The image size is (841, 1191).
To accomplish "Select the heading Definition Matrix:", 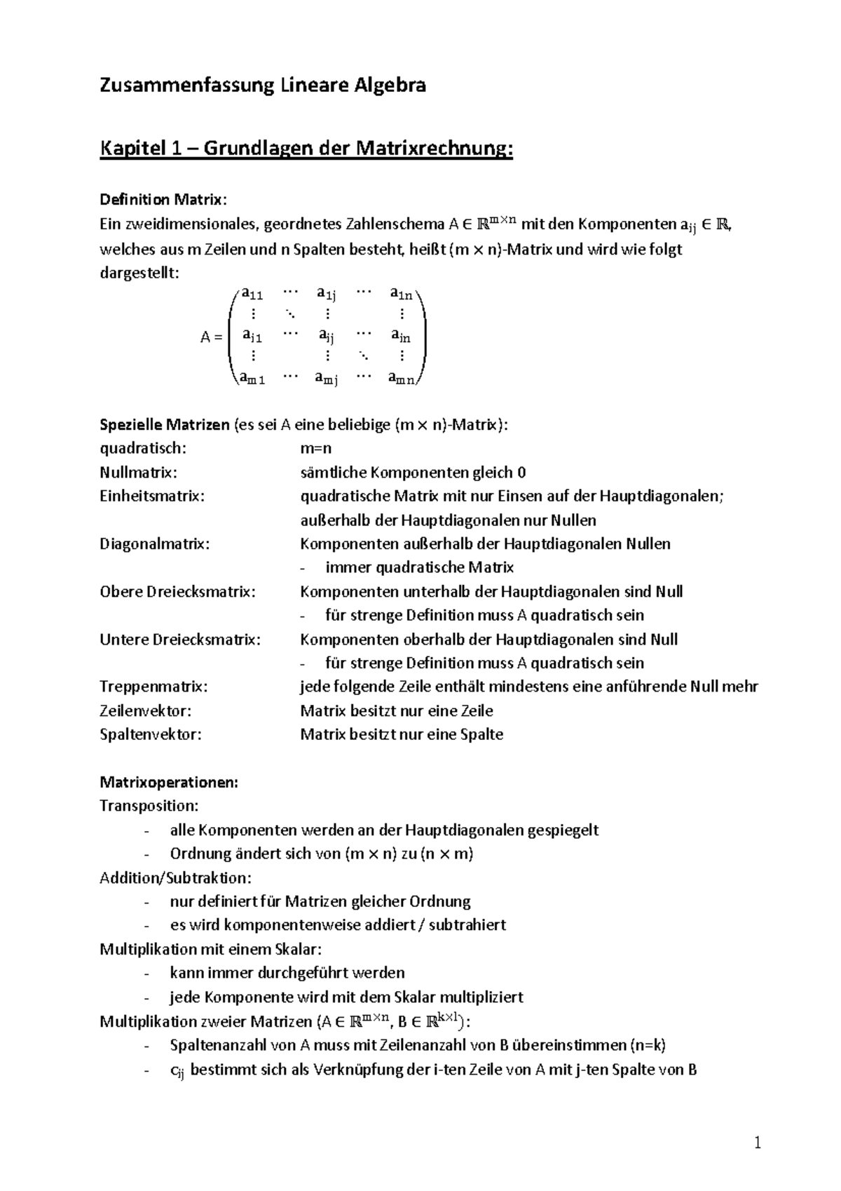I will (x=163, y=200).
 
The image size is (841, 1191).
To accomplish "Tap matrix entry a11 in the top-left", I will (x=252, y=294).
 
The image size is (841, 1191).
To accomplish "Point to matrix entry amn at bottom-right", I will (x=401, y=379).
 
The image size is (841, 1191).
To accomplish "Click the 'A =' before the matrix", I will (x=211, y=337).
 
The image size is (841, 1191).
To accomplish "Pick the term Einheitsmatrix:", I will (x=152, y=496).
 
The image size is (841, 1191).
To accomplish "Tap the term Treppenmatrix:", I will (x=153, y=687).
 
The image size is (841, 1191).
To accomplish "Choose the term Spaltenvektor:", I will (x=150, y=734).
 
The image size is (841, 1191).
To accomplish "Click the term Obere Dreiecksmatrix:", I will (x=177, y=591).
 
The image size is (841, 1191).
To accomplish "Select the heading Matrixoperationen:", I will (x=169, y=782).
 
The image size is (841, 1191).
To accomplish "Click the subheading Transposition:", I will (x=149, y=805).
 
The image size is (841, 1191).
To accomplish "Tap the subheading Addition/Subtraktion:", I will (x=175, y=877).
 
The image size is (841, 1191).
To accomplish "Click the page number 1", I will (x=757, y=1144).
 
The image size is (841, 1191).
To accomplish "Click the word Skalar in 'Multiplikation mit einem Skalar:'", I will (x=298, y=950).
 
